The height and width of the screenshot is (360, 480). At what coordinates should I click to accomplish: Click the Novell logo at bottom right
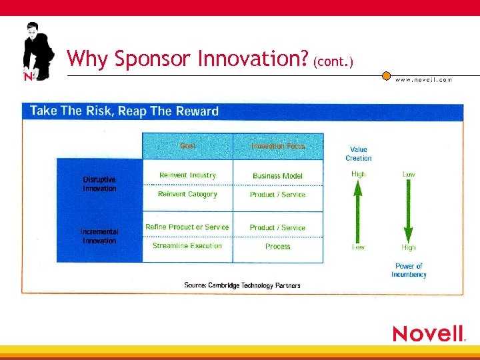429,333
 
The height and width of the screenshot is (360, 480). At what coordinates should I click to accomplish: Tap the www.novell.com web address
423,79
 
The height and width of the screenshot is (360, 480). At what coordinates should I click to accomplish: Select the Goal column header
187,146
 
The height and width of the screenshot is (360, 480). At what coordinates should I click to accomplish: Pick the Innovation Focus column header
277,146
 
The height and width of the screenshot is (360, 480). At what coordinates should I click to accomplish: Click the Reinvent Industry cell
187,175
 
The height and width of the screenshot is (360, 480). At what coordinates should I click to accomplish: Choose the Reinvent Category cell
187,195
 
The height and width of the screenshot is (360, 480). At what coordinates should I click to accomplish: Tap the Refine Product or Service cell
187,227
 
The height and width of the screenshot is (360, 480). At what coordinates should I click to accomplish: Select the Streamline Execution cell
187,246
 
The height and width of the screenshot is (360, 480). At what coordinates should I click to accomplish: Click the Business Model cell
277,176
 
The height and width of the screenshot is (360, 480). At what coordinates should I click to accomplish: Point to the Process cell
277,247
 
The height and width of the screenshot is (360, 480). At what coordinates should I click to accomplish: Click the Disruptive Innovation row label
99,184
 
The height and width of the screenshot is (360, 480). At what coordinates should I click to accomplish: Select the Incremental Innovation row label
99,236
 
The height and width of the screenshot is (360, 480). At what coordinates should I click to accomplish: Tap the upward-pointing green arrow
358,211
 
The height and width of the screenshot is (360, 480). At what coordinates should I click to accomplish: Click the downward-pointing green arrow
408,211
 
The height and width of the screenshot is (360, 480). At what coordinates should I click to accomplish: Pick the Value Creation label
358,154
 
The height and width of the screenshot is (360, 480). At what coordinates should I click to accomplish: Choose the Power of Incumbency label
408,270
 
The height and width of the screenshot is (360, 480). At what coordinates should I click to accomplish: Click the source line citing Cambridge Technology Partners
242,285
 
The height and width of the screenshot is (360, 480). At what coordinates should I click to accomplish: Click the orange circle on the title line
386,75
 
